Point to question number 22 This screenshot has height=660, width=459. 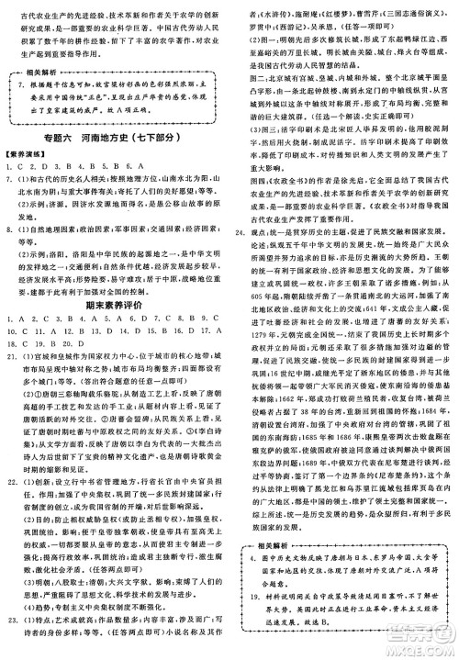point(12,525)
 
